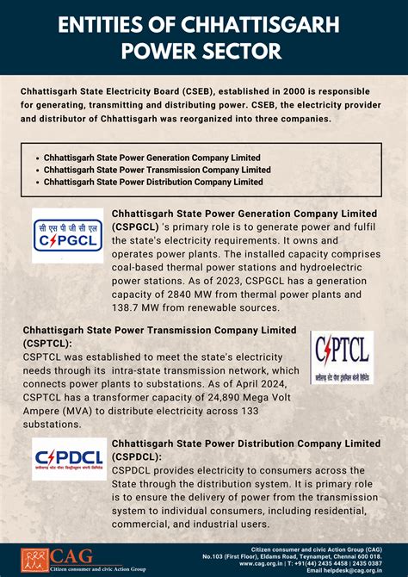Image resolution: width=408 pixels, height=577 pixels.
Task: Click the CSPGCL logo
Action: (67, 233)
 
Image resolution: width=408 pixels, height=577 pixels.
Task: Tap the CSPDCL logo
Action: (68, 463)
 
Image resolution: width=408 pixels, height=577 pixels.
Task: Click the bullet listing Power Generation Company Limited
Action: (153, 158)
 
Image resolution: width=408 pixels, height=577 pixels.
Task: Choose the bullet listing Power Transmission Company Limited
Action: (157, 170)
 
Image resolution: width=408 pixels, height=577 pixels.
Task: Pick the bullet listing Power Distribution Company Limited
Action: (153, 182)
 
